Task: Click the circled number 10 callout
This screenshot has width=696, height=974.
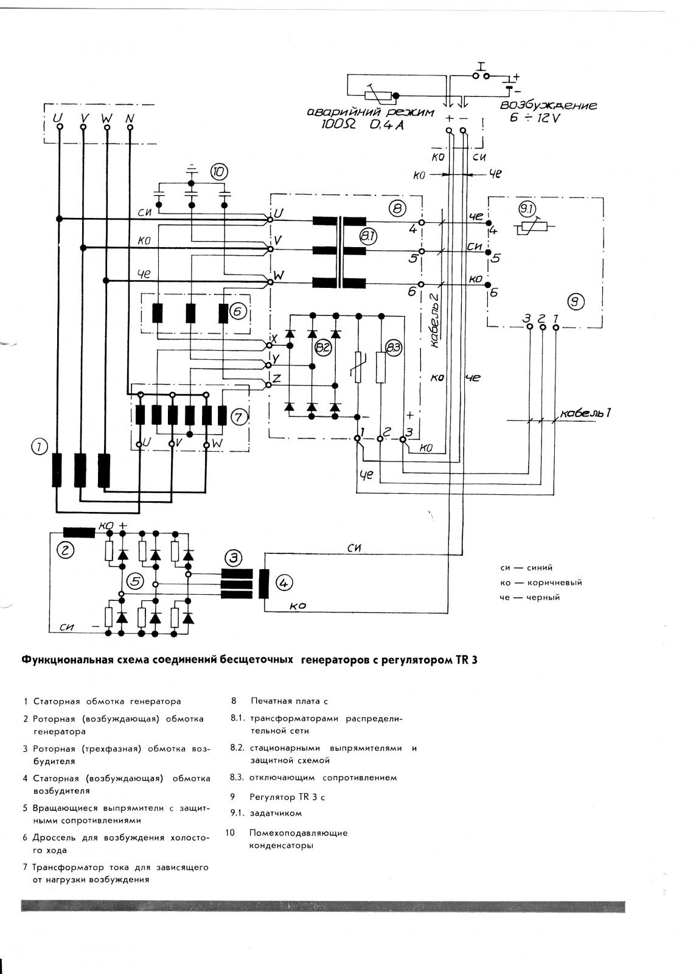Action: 218,172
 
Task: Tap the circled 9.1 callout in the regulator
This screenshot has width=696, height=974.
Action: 526,209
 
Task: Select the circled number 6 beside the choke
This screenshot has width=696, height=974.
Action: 238,311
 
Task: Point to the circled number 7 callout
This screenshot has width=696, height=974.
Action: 238,418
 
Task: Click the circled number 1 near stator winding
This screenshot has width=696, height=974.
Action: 39,447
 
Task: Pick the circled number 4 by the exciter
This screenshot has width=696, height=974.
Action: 284,583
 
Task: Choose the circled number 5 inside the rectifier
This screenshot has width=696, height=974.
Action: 135,581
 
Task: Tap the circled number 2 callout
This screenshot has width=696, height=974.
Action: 65,550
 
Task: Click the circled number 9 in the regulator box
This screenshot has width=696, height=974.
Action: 576,301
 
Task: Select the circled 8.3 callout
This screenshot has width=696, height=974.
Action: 394,348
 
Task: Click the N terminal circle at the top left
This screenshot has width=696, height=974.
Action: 130,127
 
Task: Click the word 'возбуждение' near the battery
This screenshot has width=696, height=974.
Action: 548,106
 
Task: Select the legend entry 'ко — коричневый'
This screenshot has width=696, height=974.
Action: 540,583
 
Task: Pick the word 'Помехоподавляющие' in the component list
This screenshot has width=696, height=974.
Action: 298,833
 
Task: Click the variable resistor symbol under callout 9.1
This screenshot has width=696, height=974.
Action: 530,227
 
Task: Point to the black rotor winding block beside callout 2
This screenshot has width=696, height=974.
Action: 79,532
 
